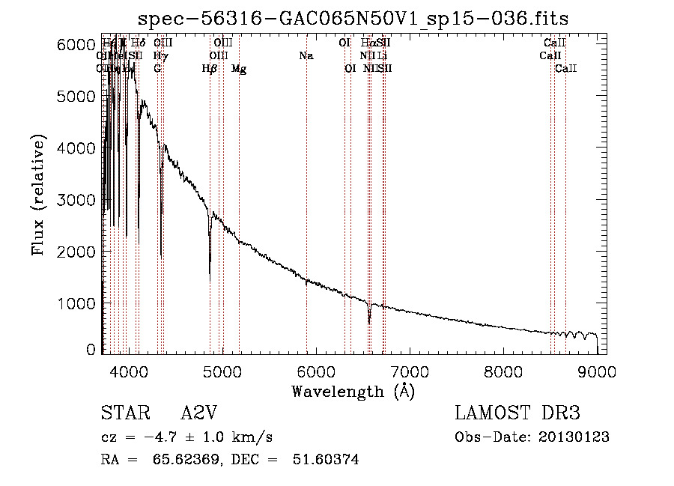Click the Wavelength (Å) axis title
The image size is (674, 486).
point(353,391)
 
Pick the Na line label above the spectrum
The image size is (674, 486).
point(306,55)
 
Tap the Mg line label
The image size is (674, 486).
point(239,69)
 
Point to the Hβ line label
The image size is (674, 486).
point(210,69)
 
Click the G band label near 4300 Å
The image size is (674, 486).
point(157,69)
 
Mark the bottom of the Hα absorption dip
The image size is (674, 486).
point(369,323)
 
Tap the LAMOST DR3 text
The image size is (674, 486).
point(517,413)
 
